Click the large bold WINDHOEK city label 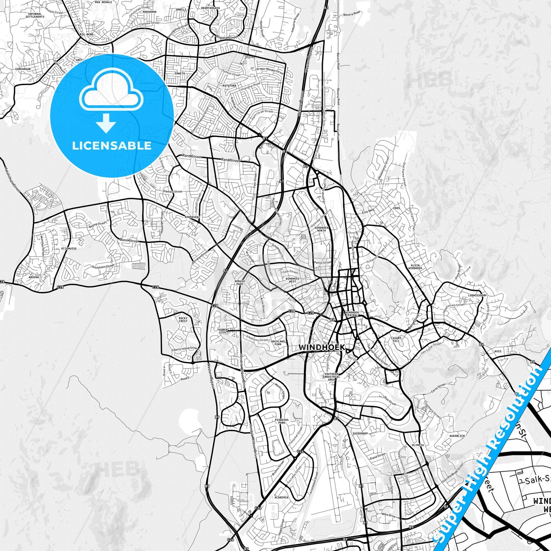(321, 347)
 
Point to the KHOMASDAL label (192, 217)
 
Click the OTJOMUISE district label (69, 248)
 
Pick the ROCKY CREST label (183, 320)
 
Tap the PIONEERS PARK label (282, 421)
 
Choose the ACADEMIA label (281, 497)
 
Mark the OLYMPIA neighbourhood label (418, 445)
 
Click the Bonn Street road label (129, 241)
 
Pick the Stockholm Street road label (103, 267)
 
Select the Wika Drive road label (389, 515)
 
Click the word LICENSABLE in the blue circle (112, 145)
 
